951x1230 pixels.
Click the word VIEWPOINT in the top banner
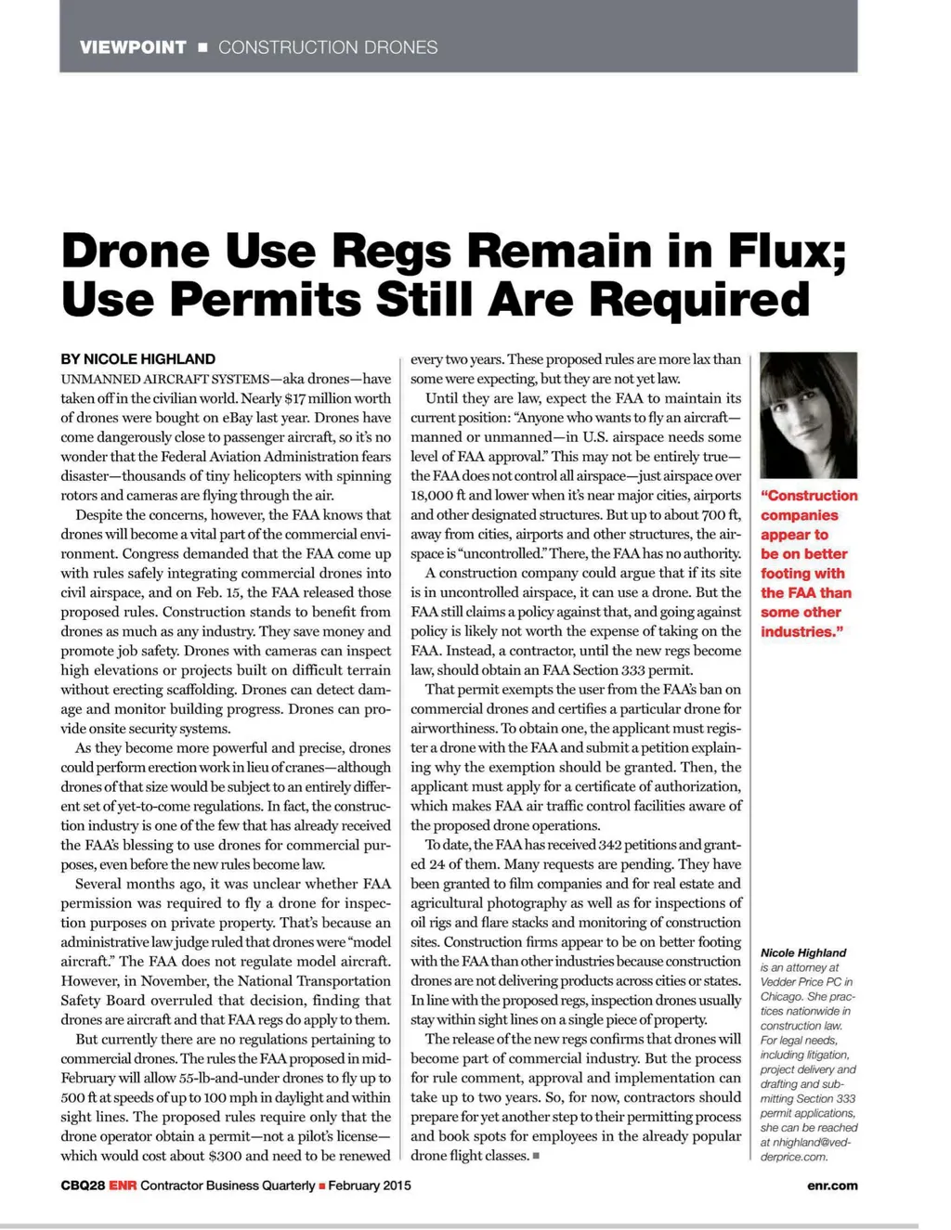pos(133,47)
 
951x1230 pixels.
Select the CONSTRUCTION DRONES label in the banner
pos(328,47)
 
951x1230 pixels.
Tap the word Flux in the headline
pos(788,252)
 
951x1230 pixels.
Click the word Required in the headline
pos(700,300)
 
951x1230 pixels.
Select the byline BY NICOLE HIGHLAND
pos(137,359)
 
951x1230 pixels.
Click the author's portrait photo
pos(808,415)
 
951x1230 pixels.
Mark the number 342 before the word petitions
pos(611,845)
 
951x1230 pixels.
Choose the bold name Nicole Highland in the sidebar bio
pos(803,952)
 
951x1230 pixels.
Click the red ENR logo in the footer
pos(123,1185)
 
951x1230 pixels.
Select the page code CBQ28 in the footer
pos(83,1185)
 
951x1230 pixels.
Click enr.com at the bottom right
pos(832,1185)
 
